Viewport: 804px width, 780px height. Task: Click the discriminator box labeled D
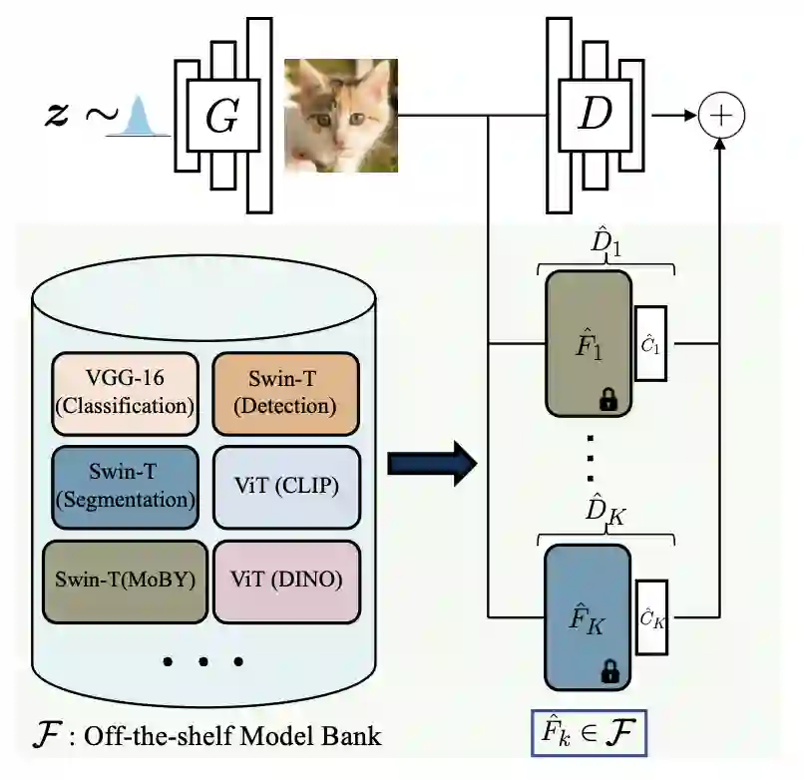tap(595, 118)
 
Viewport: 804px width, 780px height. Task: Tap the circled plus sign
tap(721, 117)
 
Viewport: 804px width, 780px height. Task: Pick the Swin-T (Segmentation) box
tap(125, 486)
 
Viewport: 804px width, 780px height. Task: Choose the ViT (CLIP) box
tap(285, 486)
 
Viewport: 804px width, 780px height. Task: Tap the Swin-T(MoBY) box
tap(125, 580)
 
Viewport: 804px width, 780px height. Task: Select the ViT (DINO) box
tap(285, 580)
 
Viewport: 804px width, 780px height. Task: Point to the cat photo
tap(341, 116)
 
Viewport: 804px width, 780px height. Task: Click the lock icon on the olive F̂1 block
tap(606, 400)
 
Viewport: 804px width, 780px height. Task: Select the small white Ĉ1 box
tap(650, 344)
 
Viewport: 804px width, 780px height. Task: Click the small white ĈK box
tap(650, 617)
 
